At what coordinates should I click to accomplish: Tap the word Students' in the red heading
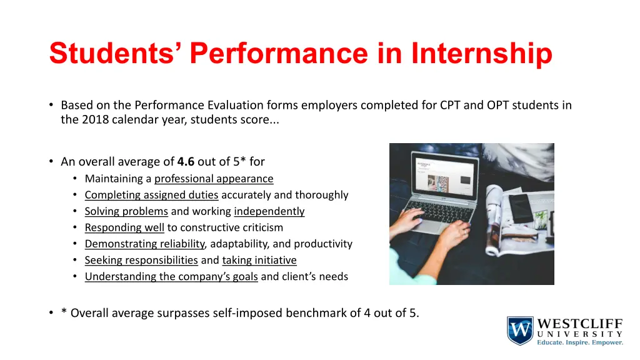[116, 54]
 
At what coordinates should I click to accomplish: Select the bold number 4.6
[186, 162]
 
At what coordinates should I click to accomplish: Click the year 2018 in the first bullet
[96, 121]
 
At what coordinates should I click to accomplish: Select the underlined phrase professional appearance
[214, 179]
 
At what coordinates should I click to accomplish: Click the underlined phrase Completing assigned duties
[151, 195]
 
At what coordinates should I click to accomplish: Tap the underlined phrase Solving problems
[126, 211]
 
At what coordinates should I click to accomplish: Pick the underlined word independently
[269, 211]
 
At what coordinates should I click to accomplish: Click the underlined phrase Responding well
[124, 227]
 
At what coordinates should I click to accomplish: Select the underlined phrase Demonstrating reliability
[144, 244]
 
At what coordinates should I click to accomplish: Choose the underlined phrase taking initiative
[259, 260]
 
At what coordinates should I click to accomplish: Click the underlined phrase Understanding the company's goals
[171, 276]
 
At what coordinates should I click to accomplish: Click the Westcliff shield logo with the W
[520, 331]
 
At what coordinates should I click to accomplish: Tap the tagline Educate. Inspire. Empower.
[580, 342]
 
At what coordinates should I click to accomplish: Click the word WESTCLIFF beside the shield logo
[580, 324]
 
